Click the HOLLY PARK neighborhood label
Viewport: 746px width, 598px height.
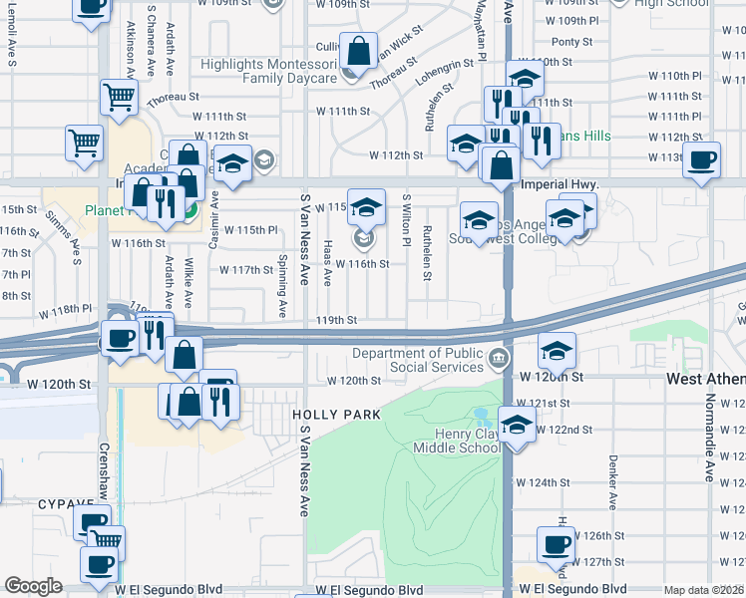pyautogui.click(x=323, y=413)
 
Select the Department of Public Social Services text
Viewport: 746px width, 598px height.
pyautogui.click(x=418, y=360)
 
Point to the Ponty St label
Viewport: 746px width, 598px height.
pyautogui.click(x=572, y=41)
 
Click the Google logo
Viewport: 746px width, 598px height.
pyautogui.click(x=33, y=586)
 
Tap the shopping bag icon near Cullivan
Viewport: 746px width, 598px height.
pyautogui.click(x=358, y=48)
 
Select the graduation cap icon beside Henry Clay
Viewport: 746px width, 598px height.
pyautogui.click(x=517, y=426)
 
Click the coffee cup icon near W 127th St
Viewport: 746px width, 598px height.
pyautogui.click(x=556, y=543)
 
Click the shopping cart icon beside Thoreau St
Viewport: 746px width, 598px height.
pyautogui.click(x=119, y=98)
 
